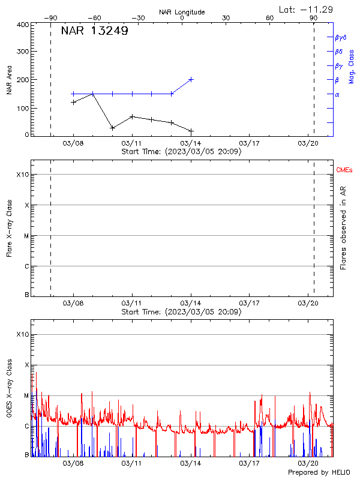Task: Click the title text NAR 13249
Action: pyautogui.click(x=94, y=31)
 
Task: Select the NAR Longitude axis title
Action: pyautogui.click(x=182, y=12)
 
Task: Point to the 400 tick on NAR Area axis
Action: pyautogui.click(x=23, y=25)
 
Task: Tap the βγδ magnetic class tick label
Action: pyautogui.click(x=340, y=37)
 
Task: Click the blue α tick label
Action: pyautogui.click(x=337, y=94)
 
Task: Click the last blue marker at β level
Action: pyautogui.click(x=191, y=79)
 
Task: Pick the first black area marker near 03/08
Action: pyautogui.click(x=74, y=102)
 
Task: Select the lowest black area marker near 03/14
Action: pyautogui.click(x=191, y=131)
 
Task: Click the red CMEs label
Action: pyautogui.click(x=344, y=170)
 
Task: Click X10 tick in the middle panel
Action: pyautogui.click(x=23, y=175)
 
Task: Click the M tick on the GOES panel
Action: pyautogui.click(x=26, y=396)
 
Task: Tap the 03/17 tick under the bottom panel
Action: pyautogui.click(x=250, y=464)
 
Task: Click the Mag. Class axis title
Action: pyautogui.click(x=352, y=66)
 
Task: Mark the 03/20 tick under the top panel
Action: pyautogui.click(x=308, y=143)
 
